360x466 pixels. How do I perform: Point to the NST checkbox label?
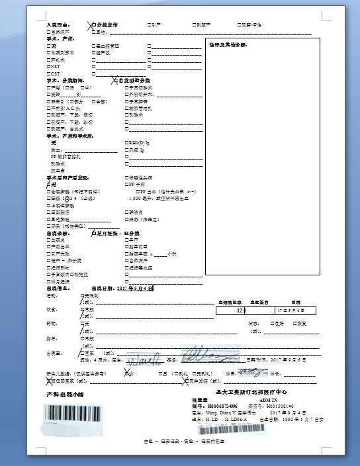(54, 66)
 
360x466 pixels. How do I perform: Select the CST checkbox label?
(54, 73)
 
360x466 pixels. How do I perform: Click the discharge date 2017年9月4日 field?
(135, 289)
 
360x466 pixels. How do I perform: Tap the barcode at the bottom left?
(74, 414)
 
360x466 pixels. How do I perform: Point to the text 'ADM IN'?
(269, 400)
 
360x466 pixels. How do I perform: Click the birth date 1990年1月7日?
(303, 419)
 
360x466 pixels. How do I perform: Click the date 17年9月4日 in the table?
(291, 310)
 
